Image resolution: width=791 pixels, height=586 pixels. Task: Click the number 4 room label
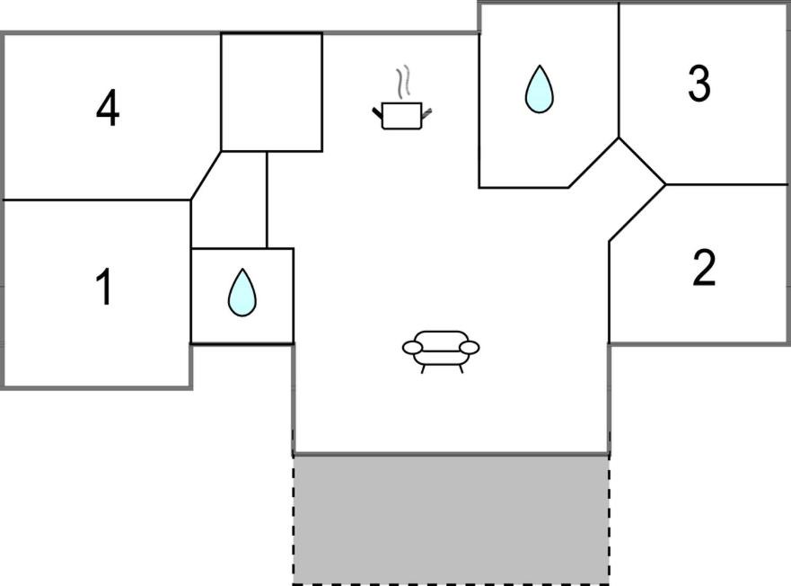(x=108, y=111)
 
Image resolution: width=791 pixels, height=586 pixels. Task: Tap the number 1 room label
(x=105, y=288)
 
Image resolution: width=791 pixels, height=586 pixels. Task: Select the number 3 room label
(x=699, y=84)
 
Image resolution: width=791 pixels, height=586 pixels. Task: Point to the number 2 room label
(x=705, y=268)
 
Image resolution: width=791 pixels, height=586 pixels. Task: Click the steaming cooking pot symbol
(x=401, y=114)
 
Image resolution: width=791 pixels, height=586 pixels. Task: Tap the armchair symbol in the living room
(x=441, y=348)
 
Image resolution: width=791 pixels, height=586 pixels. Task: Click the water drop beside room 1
(x=242, y=292)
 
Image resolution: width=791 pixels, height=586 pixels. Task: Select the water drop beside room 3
(x=539, y=89)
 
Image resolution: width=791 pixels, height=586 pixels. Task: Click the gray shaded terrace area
(x=451, y=517)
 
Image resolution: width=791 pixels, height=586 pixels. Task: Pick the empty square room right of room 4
(x=271, y=92)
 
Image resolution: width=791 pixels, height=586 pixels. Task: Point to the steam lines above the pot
(x=406, y=81)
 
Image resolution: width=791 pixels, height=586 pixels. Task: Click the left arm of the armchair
(x=412, y=347)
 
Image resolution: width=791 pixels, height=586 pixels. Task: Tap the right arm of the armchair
(x=470, y=347)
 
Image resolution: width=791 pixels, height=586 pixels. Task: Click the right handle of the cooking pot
(x=426, y=111)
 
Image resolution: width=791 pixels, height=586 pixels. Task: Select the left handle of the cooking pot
(x=377, y=111)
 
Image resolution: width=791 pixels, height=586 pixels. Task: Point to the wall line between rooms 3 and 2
(x=727, y=184)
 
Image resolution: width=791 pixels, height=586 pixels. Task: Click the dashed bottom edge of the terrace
(x=451, y=582)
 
